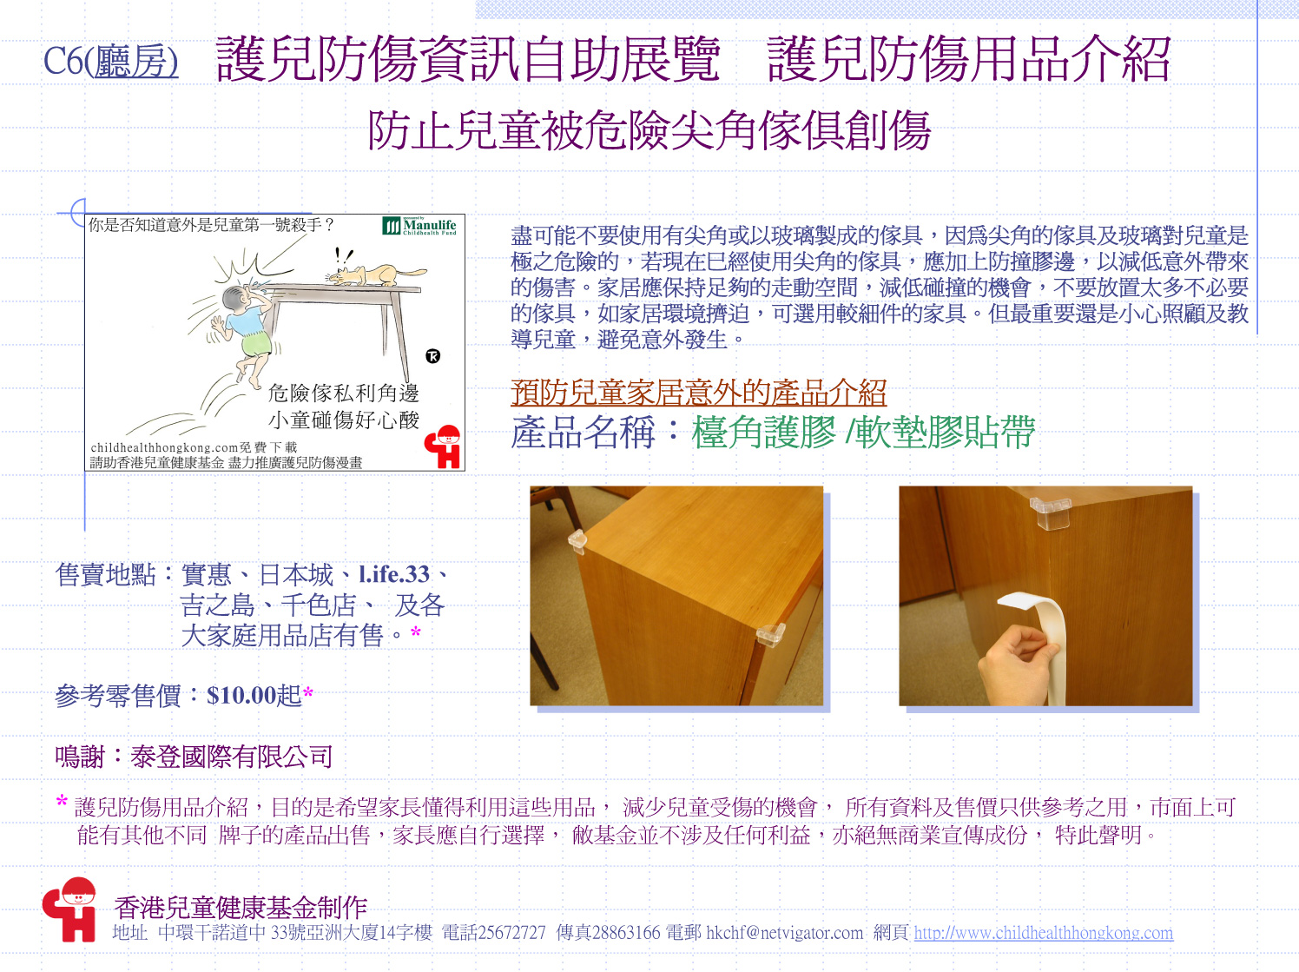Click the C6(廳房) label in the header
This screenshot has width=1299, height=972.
[110, 62]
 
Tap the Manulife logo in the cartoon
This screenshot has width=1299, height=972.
[419, 226]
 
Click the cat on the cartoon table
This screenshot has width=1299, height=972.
[376, 274]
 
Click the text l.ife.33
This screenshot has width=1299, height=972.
[393, 574]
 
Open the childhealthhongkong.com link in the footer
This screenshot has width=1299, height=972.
[1044, 933]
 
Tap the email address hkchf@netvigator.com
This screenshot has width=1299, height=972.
[784, 933]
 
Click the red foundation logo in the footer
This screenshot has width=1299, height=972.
[69, 909]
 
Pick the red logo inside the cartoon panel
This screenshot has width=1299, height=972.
[443, 447]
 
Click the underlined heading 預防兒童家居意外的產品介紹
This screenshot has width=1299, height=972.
[698, 392]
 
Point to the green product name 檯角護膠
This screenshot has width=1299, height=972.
[763, 432]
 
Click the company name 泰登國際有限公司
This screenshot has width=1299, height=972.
[231, 757]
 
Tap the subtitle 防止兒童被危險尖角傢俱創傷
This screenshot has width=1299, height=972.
[649, 130]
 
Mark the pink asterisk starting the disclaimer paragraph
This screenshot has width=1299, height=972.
[62, 802]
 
